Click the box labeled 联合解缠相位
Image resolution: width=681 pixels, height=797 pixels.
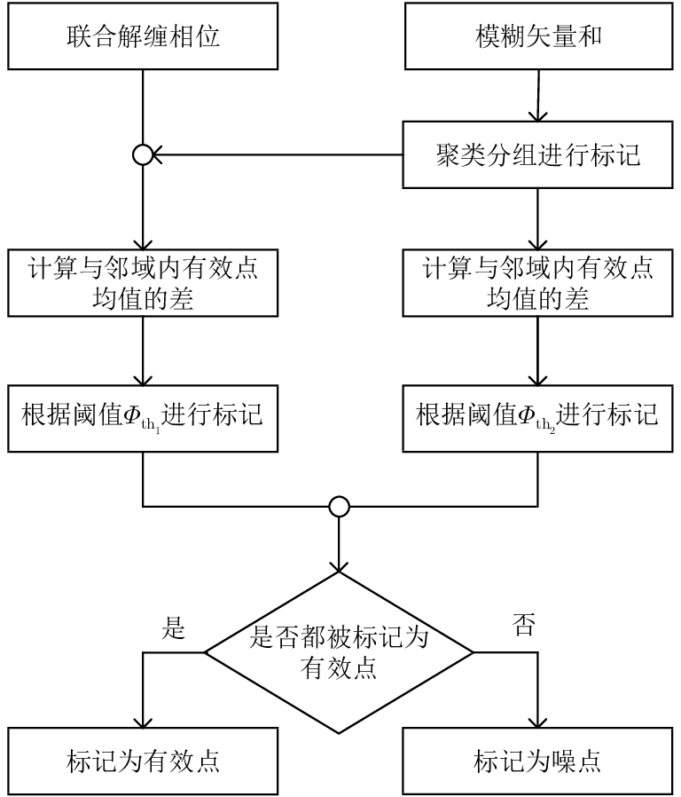[x=143, y=38]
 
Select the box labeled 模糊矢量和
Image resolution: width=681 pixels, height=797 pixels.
[x=538, y=38]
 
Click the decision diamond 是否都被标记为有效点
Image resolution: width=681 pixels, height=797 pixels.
[x=340, y=653]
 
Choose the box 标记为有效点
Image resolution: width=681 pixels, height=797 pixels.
[x=143, y=761]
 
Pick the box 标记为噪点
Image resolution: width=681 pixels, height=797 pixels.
[x=538, y=761]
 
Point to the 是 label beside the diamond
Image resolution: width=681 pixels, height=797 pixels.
[x=174, y=628]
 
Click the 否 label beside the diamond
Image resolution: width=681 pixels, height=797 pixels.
[x=523, y=628]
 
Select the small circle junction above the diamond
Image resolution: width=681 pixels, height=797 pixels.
[x=340, y=507]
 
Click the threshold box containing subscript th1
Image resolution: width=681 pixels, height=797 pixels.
[x=143, y=414]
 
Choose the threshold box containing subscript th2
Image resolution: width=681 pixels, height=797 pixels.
[x=538, y=414]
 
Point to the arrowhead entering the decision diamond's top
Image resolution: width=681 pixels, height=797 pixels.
[x=340, y=564]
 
